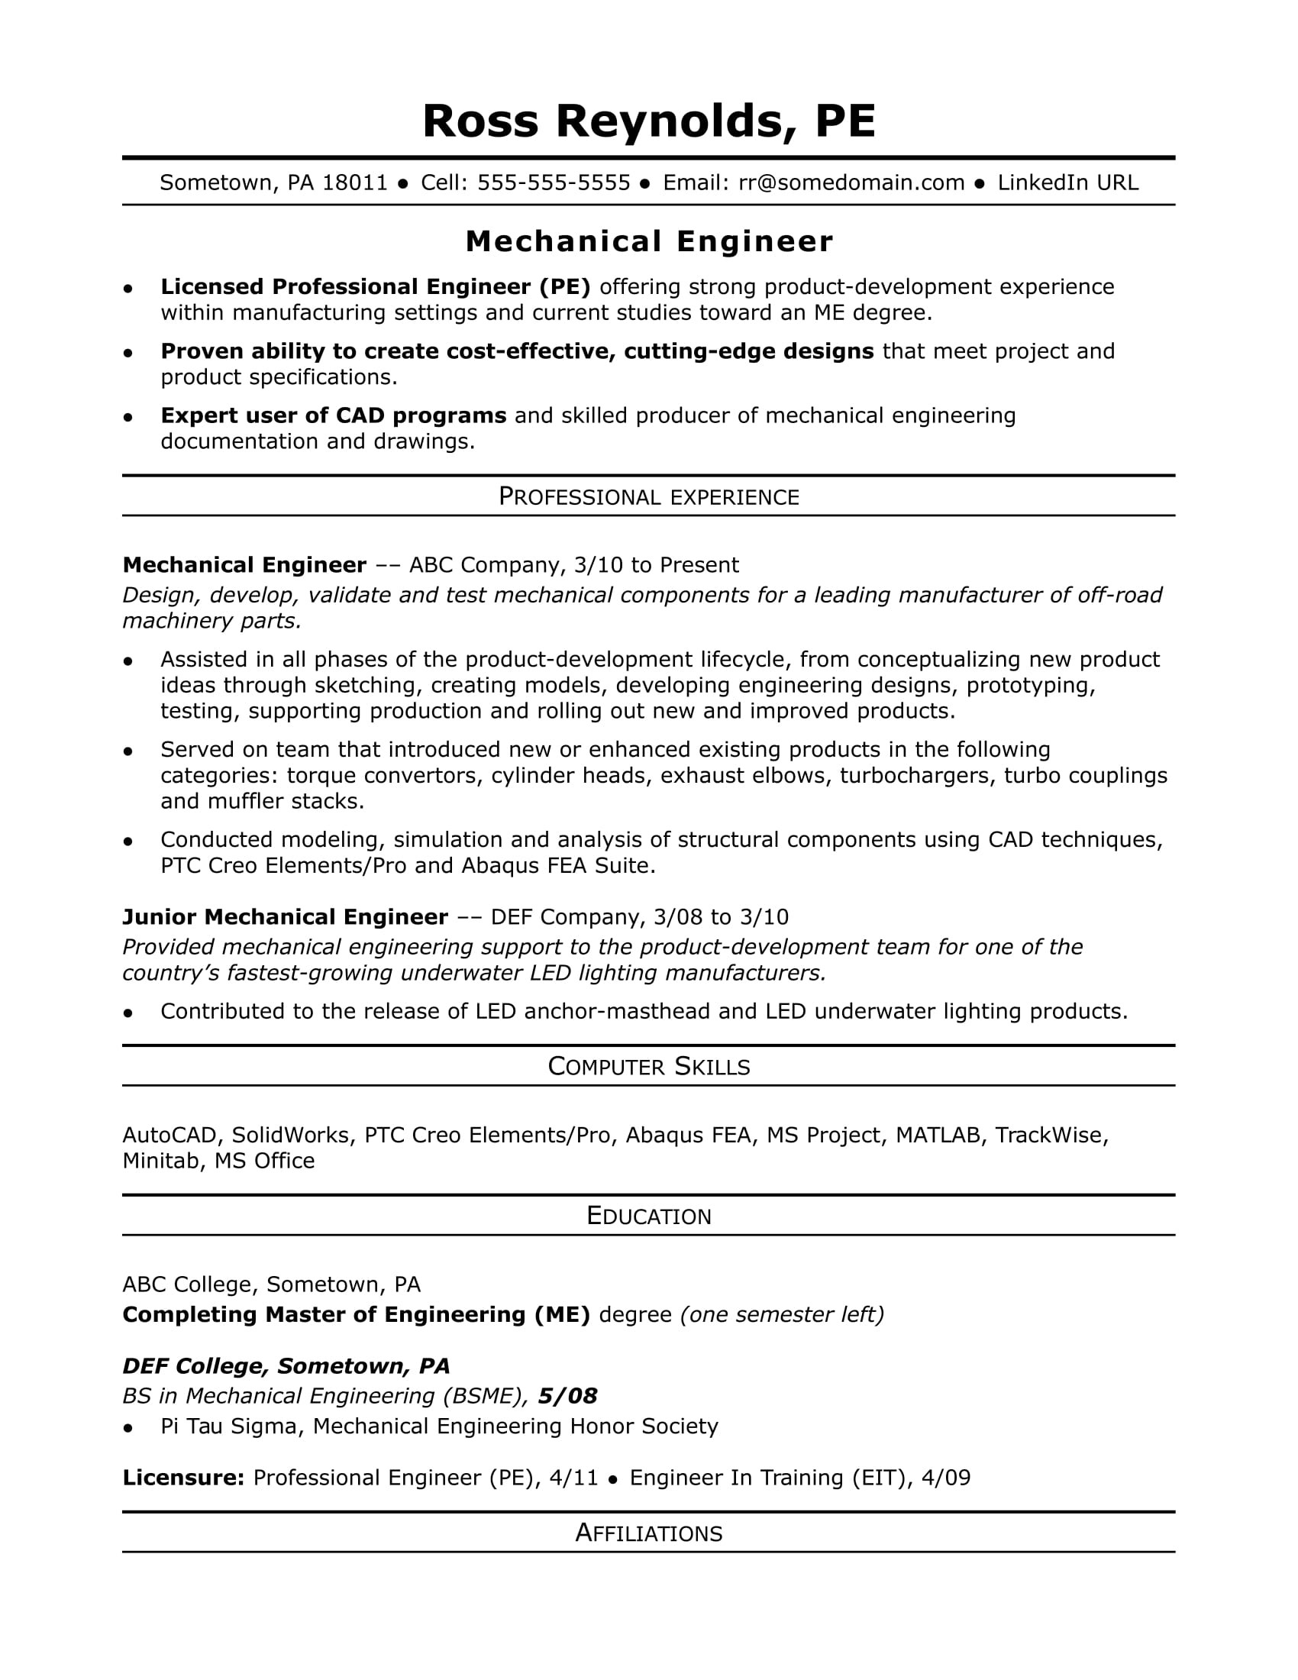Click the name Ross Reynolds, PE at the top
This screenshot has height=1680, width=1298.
click(648, 121)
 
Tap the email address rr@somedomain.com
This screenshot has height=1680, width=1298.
click(851, 183)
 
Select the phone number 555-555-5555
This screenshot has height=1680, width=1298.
click(554, 183)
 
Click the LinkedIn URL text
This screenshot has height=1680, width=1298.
click(1067, 183)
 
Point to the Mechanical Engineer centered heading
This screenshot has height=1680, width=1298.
click(648, 241)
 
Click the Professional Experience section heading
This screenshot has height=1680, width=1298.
click(648, 497)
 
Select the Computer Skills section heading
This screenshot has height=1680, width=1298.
click(648, 1066)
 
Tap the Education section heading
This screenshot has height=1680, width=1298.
click(648, 1216)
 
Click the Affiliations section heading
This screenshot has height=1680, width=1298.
click(648, 1533)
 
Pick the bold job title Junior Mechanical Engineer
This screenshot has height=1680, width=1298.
click(286, 917)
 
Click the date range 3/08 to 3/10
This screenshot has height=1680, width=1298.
click(721, 917)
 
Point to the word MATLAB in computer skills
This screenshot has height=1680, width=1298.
click(938, 1136)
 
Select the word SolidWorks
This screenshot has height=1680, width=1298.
click(292, 1136)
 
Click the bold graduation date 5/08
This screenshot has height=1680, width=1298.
click(567, 1396)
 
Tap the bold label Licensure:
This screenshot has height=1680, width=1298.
click(183, 1478)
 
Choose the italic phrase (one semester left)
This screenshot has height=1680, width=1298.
click(783, 1315)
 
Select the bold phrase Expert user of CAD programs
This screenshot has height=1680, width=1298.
click(333, 415)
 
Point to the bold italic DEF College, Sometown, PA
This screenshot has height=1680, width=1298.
click(286, 1366)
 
